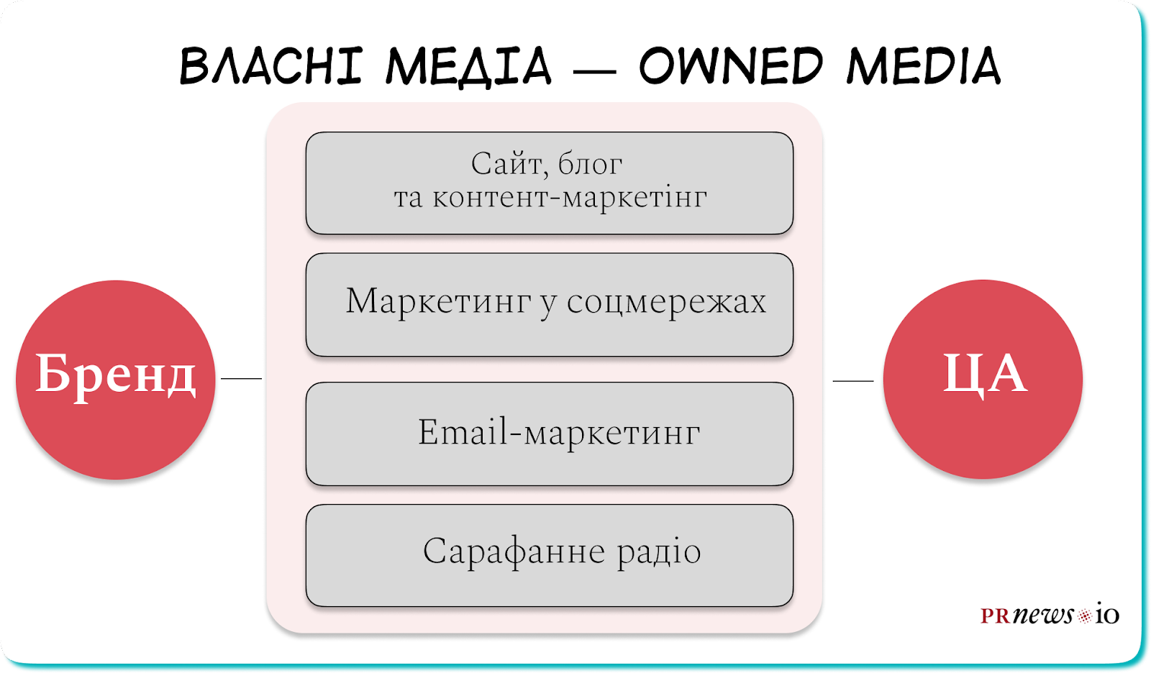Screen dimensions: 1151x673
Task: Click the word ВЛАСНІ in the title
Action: pyautogui.click(x=271, y=65)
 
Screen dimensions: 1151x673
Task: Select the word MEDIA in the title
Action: pyautogui.click(x=924, y=65)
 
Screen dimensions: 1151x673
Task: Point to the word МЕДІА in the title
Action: pyautogui.click(x=468, y=66)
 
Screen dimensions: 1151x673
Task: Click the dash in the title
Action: pyautogui.click(x=594, y=71)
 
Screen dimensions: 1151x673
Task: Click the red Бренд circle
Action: pyautogui.click(x=116, y=380)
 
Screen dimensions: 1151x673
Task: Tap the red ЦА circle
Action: pyautogui.click(x=983, y=379)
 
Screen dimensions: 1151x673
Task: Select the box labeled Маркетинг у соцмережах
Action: pyautogui.click(x=550, y=305)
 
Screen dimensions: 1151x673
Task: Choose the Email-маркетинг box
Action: pyautogui.click(x=550, y=434)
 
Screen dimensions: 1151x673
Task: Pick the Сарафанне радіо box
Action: pyautogui.click(x=550, y=555)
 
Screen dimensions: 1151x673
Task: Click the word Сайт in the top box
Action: pyautogui.click(x=507, y=165)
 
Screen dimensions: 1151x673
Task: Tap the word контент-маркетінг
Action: pyautogui.click(x=570, y=197)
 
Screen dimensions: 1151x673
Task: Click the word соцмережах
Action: pyautogui.click(x=666, y=301)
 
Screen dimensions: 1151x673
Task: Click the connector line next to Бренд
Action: pyautogui.click(x=241, y=379)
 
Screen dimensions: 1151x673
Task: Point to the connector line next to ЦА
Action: pyautogui.click(x=853, y=380)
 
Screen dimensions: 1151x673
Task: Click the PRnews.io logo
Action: pyautogui.click(x=1050, y=614)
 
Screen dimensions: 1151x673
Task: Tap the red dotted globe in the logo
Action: pyautogui.click(x=1083, y=616)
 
